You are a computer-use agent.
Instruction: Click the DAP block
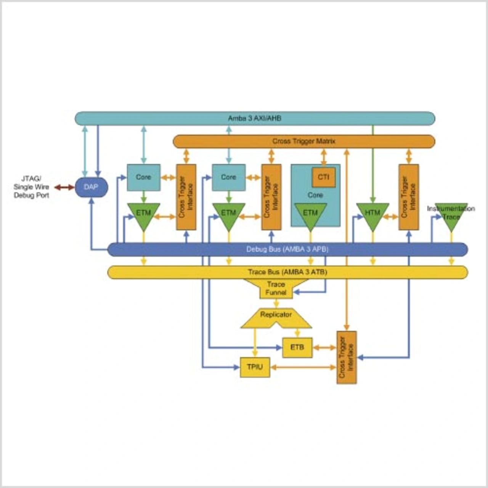91,187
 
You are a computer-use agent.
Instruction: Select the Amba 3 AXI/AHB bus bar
255,118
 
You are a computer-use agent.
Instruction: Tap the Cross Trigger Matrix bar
303,141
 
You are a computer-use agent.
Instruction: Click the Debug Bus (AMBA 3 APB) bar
287,249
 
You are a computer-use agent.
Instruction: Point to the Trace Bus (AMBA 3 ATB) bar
287,272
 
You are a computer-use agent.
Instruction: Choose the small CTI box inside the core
324,177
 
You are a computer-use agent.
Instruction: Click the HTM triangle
372,215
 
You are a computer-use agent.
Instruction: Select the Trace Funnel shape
276,289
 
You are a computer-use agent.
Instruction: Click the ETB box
297,347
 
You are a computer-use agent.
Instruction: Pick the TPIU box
255,367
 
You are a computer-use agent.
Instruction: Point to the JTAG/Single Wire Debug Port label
31,187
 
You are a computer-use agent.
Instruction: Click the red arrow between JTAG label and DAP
64,187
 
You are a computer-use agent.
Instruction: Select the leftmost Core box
143,177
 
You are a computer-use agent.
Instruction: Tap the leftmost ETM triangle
143,215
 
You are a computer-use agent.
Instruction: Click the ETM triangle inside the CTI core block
310,215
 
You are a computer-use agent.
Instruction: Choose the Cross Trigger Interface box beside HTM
409,197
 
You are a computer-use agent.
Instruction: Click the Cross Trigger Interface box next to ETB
347,357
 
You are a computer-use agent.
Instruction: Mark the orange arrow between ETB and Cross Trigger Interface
324,347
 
